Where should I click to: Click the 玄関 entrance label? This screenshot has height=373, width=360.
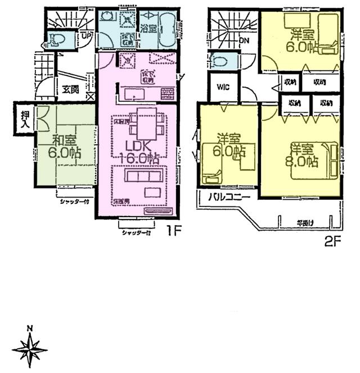70,89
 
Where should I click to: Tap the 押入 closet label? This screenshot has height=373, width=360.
25,120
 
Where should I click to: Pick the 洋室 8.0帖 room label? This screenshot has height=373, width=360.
304,156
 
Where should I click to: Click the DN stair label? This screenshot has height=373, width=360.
244,41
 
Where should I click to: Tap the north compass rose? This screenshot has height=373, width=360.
30,349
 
